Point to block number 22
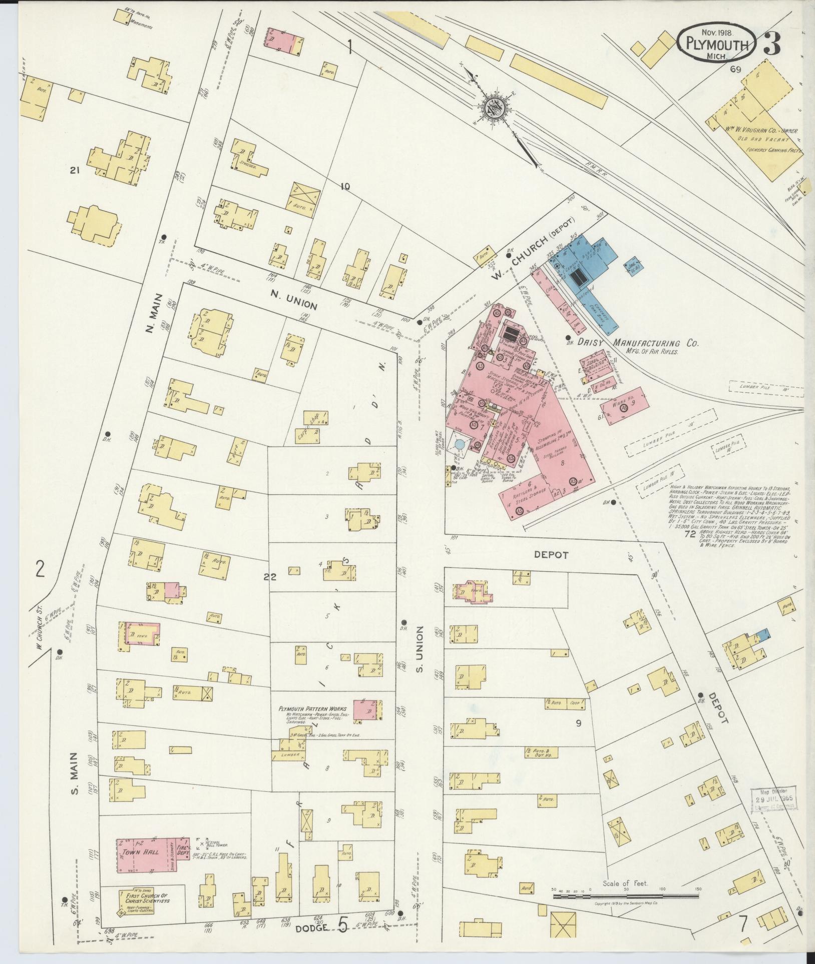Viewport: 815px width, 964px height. point(270,577)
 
